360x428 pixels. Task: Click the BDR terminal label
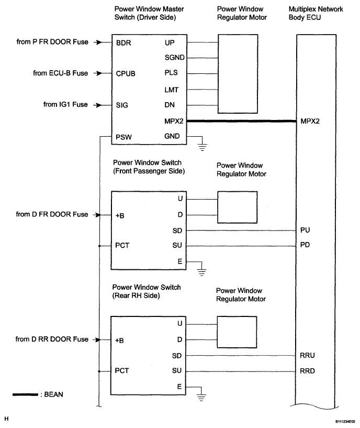coord(123,43)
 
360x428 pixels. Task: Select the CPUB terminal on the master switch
coord(126,74)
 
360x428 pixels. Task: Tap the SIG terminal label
coord(121,105)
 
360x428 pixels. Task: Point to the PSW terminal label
coord(123,137)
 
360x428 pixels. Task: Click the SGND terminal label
coord(175,58)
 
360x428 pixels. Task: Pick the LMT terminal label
coord(171,90)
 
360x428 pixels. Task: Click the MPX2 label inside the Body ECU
coord(310,121)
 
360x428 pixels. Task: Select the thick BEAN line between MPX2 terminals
coord(242,121)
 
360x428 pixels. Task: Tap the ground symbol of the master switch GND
coord(202,147)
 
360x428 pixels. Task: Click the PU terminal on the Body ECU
coord(305,230)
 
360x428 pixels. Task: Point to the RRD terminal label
coord(307,371)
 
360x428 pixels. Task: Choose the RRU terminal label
coord(307,355)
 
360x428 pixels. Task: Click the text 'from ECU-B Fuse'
coord(61,73)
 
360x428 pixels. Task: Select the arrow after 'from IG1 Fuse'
coord(98,105)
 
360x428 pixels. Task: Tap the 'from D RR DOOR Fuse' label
coord(52,339)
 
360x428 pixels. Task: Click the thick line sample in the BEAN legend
coord(25,394)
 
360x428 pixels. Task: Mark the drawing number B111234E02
coord(345,422)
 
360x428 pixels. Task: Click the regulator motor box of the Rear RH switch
coord(237,332)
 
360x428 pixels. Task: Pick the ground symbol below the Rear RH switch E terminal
coord(201,398)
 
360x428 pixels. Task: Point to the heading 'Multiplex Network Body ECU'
coord(316,13)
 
